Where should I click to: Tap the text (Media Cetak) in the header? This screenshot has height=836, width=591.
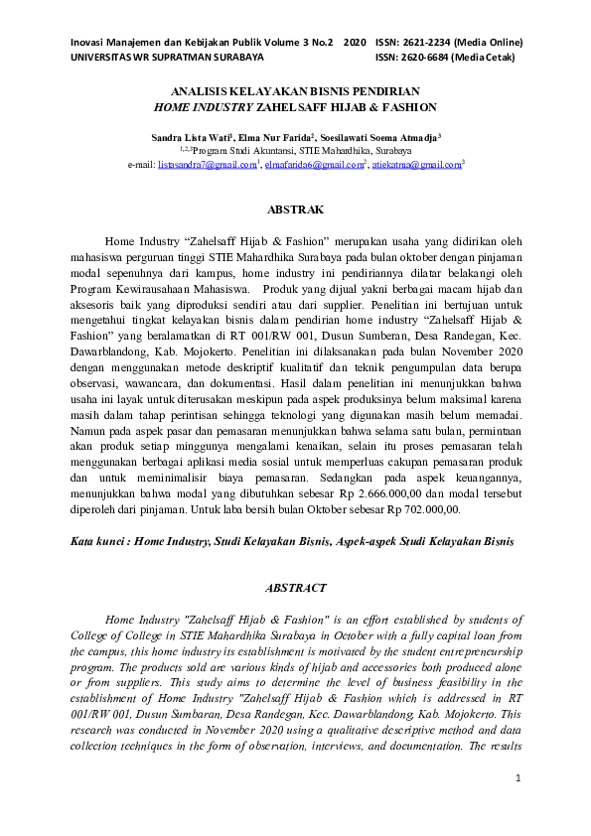click(x=489, y=58)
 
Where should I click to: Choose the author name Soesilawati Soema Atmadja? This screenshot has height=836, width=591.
click(x=388, y=139)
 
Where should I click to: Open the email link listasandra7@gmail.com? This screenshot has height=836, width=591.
click(x=207, y=165)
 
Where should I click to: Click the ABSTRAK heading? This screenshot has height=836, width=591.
click(x=295, y=210)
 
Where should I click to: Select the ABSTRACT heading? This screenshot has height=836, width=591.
click(x=295, y=588)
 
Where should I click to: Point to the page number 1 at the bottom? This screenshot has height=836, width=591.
click(x=517, y=777)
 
